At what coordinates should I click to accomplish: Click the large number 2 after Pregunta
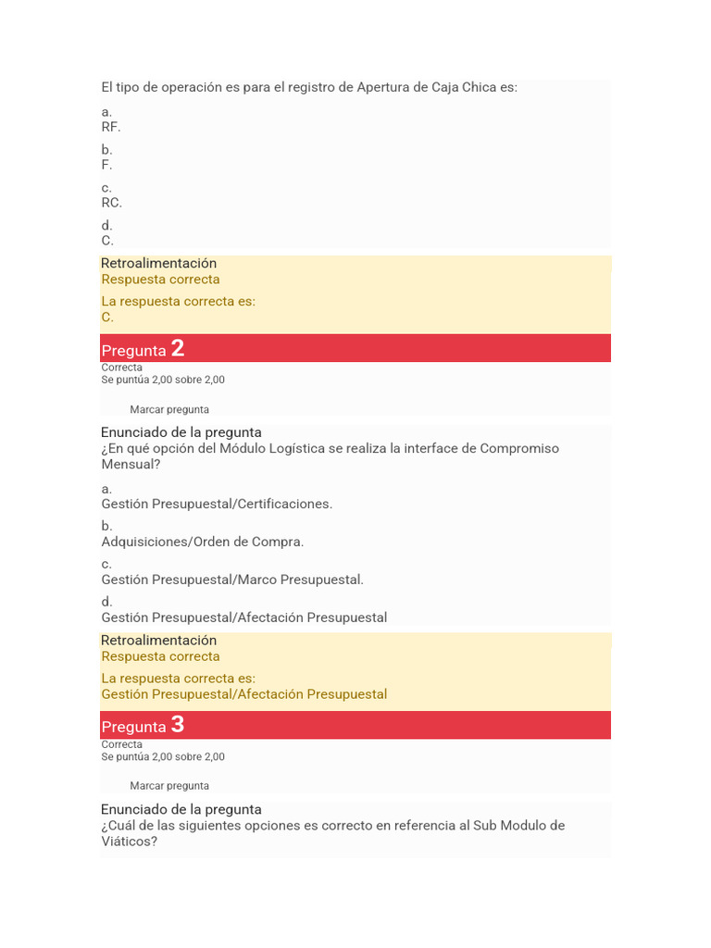coord(178,348)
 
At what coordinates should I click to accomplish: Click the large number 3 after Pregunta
coord(178,725)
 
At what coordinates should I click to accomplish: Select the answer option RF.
coord(111,127)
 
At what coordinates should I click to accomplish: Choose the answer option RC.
coord(111,203)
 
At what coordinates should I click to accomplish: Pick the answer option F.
coord(106,165)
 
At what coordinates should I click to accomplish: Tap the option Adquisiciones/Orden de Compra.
coord(203,542)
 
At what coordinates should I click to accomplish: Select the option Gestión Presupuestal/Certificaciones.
coord(217,504)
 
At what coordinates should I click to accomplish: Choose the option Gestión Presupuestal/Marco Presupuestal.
coord(232,580)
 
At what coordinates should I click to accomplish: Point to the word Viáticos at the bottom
coord(129,842)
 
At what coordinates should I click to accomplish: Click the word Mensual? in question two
coord(131,465)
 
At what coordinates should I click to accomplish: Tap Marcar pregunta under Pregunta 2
coord(169,409)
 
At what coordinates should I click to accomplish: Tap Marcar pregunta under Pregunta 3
coord(169,786)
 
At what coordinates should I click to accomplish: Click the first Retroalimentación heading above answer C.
coord(158,263)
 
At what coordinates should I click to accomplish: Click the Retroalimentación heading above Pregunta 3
coord(158,640)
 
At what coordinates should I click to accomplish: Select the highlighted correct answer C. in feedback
coord(107,317)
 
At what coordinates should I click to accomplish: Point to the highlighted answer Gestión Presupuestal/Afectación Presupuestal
coord(244,694)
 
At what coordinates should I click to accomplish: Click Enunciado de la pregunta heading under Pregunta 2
coord(181,432)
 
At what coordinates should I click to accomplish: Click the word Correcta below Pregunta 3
coord(122,744)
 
